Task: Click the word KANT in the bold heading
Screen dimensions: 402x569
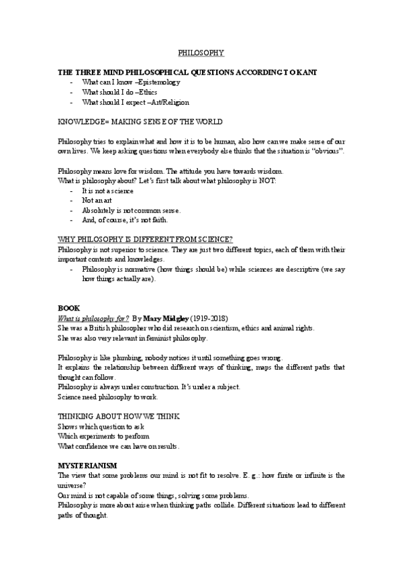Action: pos(305,71)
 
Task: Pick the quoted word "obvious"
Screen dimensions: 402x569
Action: pos(329,152)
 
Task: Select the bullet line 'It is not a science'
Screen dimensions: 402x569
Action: pos(107,191)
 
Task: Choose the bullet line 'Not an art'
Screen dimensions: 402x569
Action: pos(97,201)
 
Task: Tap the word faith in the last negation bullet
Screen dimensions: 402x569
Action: pos(150,220)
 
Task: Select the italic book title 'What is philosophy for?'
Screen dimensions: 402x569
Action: pos(93,317)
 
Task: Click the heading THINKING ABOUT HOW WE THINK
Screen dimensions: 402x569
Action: pos(119,417)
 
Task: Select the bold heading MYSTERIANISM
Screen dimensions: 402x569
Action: pos(88,465)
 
